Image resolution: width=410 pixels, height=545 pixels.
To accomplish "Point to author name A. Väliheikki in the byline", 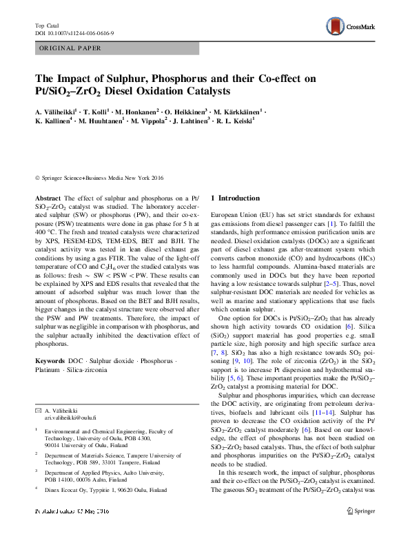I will coord(58,110).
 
